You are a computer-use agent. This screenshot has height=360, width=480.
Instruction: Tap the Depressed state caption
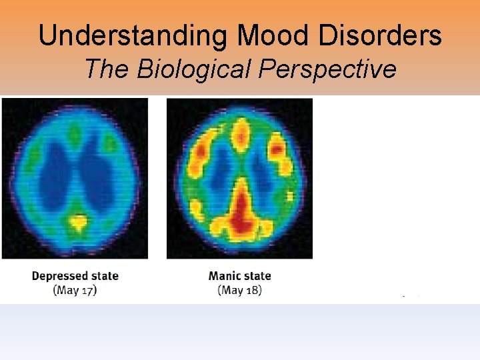click(75, 275)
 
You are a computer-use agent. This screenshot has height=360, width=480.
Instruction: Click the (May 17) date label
click(75, 290)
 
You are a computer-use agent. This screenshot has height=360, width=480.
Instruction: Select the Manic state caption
click(240, 275)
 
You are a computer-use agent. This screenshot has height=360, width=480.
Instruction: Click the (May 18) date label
click(240, 290)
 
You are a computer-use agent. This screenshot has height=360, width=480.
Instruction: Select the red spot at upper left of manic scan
click(199, 155)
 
